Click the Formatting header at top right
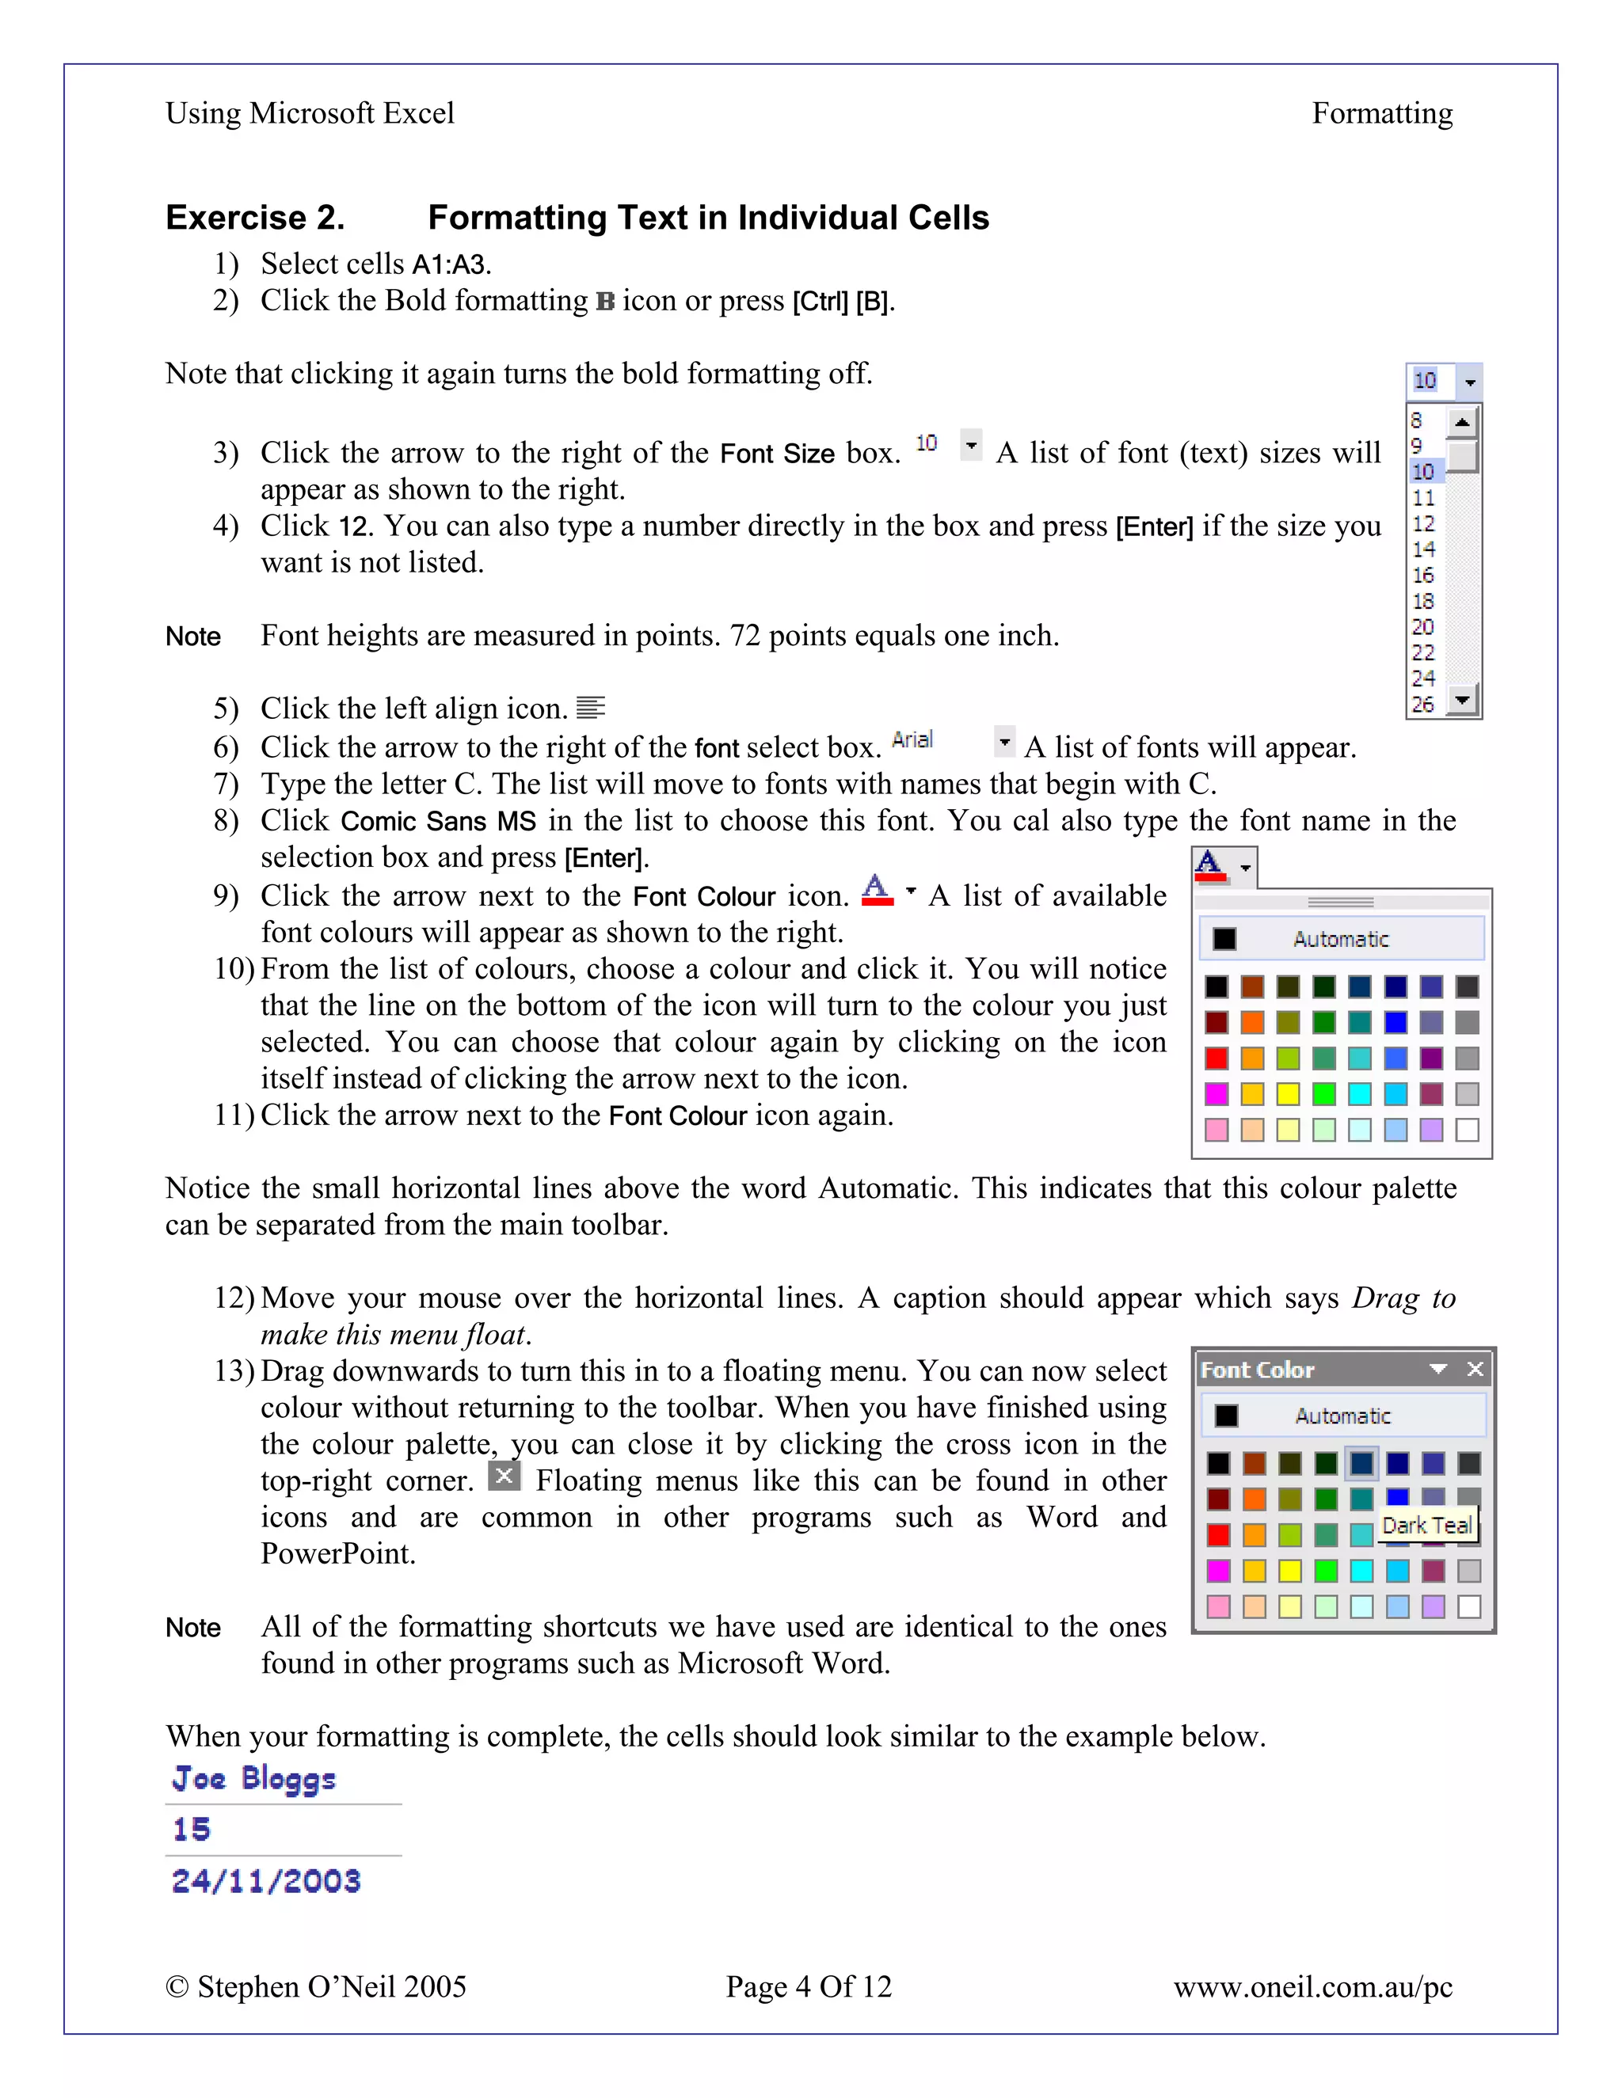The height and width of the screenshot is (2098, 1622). (1382, 113)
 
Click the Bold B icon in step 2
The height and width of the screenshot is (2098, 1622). (605, 302)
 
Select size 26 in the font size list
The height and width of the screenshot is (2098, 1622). (1423, 704)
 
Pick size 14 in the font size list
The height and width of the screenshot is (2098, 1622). (1423, 549)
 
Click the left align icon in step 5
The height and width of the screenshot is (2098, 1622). (590, 708)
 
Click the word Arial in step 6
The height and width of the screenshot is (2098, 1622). (912, 739)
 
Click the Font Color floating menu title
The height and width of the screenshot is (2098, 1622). (1257, 1370)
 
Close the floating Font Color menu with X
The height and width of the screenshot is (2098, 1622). (1475, 1369)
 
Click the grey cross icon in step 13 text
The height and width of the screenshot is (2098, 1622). (504, 1476)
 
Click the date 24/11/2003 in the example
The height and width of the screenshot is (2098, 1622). (266, 1881)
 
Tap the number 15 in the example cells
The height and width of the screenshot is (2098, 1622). (191, 1829)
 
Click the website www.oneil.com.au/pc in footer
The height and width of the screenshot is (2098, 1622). (1312, 1986)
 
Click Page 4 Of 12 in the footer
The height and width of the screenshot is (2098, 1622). (808, 1986)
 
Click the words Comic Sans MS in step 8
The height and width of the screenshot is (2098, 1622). (438, 821)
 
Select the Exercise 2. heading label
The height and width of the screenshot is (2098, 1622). (255, 218)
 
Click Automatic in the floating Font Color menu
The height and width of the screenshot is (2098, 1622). (1342, 1416)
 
